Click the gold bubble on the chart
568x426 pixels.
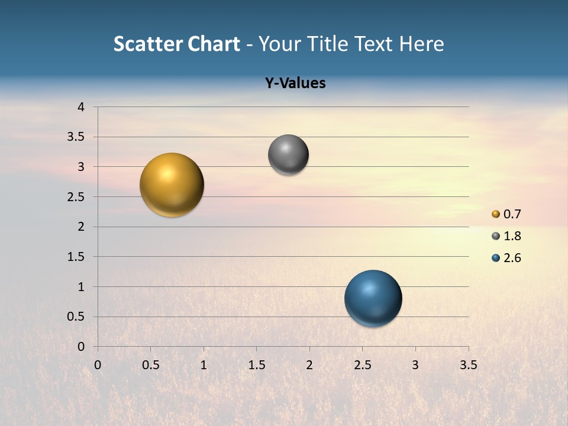[x=172, y=185]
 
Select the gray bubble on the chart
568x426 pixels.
[x=288, y=154]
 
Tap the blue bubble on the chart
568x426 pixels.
[x=373, y=298]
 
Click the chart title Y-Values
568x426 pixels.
[x=295, y=83]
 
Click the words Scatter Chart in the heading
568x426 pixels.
[x=177, y=44]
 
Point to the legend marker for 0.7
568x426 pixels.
[x=496, y=214]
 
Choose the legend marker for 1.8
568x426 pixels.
[x=496, y=236]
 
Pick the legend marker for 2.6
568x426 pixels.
[x=496, y=258]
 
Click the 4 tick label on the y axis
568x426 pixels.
[x=81, y=107]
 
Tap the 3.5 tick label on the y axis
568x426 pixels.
[x=76, y=137]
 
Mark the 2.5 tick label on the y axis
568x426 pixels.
[x=76, y=197]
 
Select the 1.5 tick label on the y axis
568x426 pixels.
[x=76, y=257]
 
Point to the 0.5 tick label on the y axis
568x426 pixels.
[x=76, y=317]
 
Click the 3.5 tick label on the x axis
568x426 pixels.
[x=468, y=365]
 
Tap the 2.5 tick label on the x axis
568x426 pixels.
[x=362, y=365]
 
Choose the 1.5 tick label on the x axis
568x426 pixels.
[x=256, y=365]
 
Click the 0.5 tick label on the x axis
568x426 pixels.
[x=150, y=365]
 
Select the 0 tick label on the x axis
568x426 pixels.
[x=98, y=365]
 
